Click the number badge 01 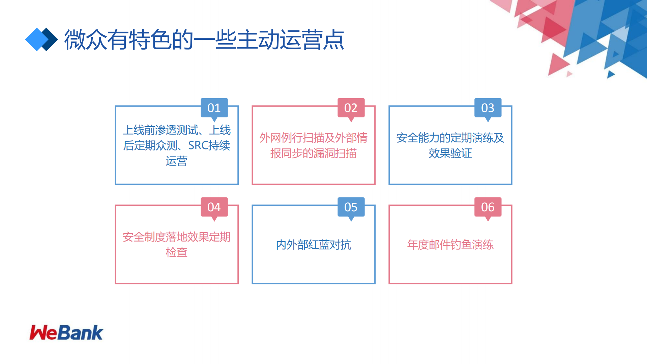point(214,108)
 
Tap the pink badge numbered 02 point(351,108)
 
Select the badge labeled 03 point(488,108)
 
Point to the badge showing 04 point(214,207)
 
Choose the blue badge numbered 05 point(351,207)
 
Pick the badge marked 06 point(488,207)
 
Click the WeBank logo point(66,333)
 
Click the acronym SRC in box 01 point(198,145)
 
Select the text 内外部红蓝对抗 point(314,245)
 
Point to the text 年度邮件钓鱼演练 point(450,245)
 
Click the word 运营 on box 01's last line point(176,161)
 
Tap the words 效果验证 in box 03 point(450,153)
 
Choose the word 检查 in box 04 point(176,252)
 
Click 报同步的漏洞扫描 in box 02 point(313,153)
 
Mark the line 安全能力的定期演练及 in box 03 point(450,138)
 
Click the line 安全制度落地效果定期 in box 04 point(176,237)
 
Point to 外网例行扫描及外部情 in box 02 point(313,138)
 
